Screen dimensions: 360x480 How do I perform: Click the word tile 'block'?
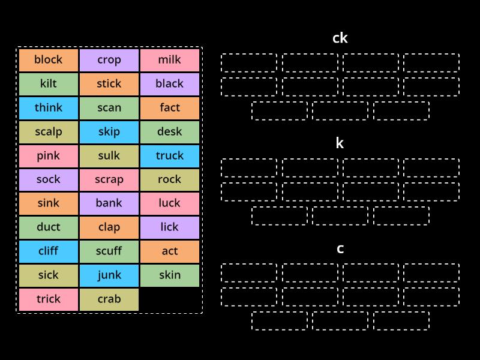[49, 60]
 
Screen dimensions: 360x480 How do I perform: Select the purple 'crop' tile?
[109, 60]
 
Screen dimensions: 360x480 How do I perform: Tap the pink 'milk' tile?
[170, 60]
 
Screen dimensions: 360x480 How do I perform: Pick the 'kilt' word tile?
[49, 84]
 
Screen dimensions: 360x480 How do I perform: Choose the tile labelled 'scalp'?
[49, 132]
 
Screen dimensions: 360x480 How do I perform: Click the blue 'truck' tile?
[170, 156]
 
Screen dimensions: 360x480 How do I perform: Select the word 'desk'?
[170, 132]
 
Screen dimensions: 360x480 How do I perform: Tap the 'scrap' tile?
[109, 179]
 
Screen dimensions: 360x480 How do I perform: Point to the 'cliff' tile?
[49, 251]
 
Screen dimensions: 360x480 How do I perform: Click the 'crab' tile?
[109, 299]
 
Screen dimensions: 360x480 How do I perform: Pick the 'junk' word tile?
[109, 275]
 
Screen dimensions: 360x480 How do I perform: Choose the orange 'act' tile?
[170, 251]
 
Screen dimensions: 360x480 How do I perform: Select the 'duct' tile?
[49, 227]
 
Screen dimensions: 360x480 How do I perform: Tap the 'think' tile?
[49, 108]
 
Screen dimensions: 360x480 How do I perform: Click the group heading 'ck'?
[340, 38]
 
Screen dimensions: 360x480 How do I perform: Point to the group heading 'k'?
[340, 143]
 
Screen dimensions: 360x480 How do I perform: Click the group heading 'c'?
[340, 248]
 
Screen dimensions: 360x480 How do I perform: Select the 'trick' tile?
[49, 299]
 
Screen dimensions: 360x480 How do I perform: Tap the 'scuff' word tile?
[109, 251]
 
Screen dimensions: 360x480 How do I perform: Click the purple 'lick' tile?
[170, 227]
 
